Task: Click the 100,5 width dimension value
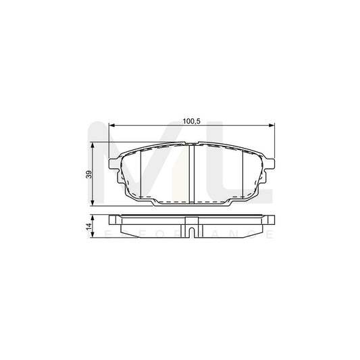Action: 192,120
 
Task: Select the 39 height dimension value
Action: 88,175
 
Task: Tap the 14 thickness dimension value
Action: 88,227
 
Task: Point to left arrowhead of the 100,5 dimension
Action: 113,125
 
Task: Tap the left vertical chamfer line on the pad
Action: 140,172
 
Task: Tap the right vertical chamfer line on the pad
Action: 242,172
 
